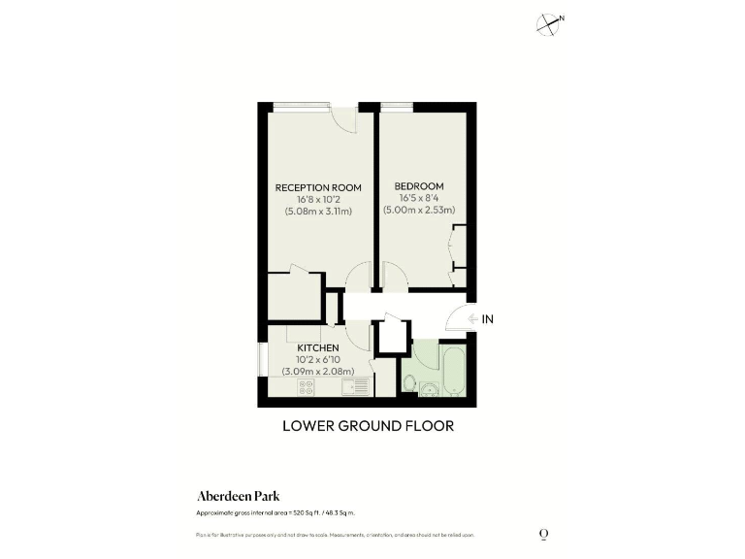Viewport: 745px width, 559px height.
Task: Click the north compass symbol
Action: tap(550, 24)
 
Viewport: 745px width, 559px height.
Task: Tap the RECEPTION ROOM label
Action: tap(318, 187)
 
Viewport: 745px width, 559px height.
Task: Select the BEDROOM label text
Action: tap(419, 186)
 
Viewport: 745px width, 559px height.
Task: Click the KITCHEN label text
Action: tap(317, 347)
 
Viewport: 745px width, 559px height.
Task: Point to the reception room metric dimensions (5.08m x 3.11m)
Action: tap(318, 211)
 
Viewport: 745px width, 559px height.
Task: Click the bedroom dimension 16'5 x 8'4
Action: tap(419, 198)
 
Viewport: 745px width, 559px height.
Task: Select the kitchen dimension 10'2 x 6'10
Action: tap(317, 359)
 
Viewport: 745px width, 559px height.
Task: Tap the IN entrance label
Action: tap(488, 318)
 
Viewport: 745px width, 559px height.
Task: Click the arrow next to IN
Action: tap(470, 318)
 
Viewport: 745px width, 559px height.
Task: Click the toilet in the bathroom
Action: tap(408, 388)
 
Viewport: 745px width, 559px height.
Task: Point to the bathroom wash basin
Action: tap(428, 390)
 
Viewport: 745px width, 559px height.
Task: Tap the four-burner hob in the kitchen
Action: tap(307, 386)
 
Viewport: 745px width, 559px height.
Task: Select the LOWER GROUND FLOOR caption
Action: tap(368, 425)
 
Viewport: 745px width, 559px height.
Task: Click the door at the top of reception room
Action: tap(342, 118)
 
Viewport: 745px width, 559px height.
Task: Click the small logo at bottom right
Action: tap(543, 534)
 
